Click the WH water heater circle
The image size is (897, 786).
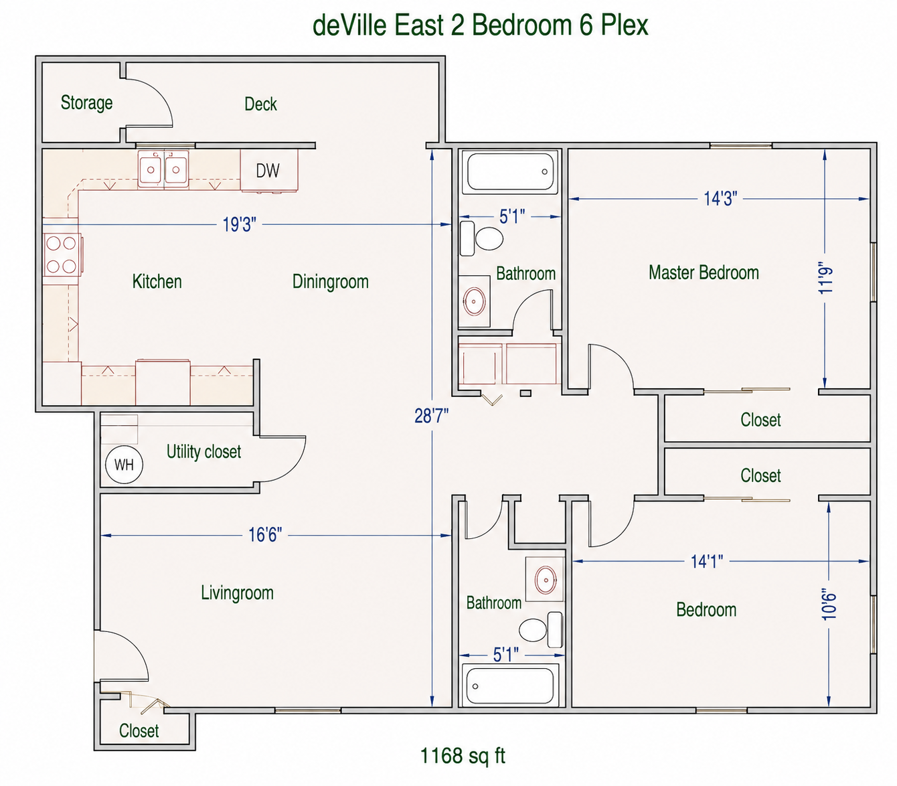point(124,465)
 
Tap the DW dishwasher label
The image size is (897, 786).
point(268,171)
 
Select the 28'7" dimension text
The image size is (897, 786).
point(431,416)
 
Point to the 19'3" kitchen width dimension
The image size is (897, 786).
point(239,224)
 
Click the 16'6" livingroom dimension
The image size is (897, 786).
point(265,535)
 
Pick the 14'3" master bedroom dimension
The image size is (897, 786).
point(720,198)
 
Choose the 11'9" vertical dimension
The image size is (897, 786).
point(826,278)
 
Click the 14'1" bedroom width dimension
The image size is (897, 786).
point(707,562)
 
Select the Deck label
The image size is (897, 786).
point(261,104)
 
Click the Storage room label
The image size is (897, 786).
point(87,102)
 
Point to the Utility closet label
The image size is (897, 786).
point(203,452)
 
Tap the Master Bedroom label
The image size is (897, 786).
point(704,272)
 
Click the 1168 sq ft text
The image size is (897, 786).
point(463,755)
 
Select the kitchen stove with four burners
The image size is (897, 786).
point(62,254)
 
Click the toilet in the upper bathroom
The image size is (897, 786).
point(481,238)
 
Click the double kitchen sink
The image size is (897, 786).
point(163,169)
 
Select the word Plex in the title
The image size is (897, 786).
point(625,25)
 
